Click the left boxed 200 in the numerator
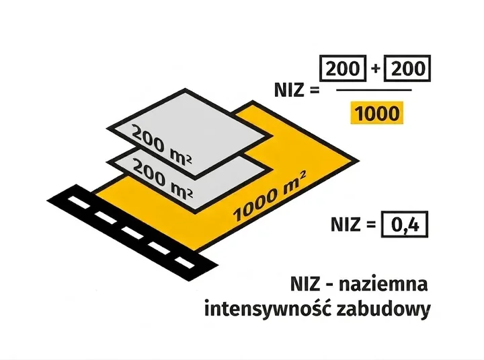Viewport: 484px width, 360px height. (343, 68)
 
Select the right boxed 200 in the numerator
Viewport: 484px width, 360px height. (407, 68)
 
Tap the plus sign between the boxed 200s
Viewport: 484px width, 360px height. (375, 68)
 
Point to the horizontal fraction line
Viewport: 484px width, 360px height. (374, 90)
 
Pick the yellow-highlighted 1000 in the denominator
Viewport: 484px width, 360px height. (377, 113)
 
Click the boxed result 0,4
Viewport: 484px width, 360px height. (405, 224)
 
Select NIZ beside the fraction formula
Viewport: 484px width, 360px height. (289, 91)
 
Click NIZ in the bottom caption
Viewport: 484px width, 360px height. (305, 285)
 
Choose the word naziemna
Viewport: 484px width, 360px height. (383, 285)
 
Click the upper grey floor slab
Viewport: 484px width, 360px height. (189, 133)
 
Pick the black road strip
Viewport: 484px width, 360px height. (132, 233)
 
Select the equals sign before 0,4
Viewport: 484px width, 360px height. (370, 225)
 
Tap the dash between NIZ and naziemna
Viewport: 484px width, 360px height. (329, 286)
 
